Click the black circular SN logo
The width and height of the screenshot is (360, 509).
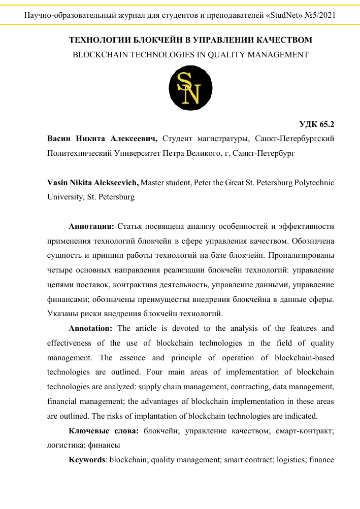click(x=190, y=88)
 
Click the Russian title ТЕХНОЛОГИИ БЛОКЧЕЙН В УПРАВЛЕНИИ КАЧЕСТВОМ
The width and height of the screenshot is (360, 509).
click(x=190, y=40)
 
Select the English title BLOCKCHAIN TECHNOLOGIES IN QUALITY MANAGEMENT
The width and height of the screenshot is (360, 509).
click(x=190, y=54)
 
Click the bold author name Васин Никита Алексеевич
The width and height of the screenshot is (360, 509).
click(x=102, y=138)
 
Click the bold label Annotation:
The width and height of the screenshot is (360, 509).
click(x=93, y=328)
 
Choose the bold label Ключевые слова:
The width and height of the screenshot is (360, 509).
click(x=104, y=431)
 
